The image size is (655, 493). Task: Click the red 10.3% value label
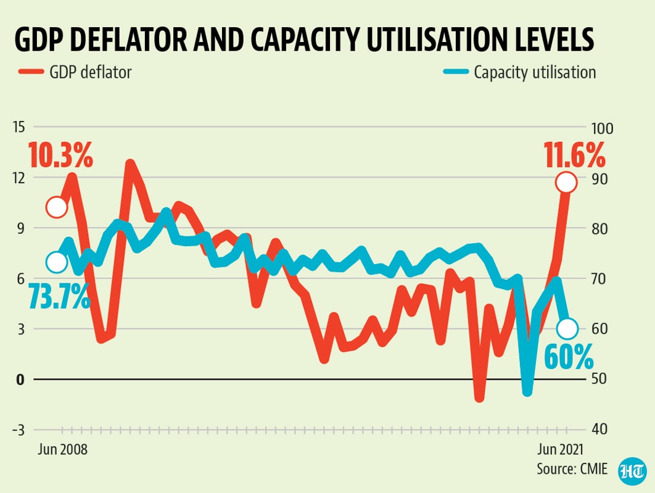(60, 155)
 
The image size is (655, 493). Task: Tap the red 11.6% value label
(574, 155)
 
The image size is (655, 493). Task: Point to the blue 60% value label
(569, 357)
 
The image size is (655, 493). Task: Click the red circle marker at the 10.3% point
(56, 207)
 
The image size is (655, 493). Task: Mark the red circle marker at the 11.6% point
(566, 183)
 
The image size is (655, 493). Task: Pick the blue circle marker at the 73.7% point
(56, 262)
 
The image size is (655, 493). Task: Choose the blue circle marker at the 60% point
(567, 329)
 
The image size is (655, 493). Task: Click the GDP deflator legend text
(90, 72)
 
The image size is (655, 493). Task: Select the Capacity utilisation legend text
(535, 72)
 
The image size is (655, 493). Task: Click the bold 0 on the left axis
(20, 379)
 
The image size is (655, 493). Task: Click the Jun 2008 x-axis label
(62, 449)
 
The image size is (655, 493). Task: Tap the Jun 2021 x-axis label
(558, 449)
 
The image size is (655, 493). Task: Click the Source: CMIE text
(572, 469)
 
